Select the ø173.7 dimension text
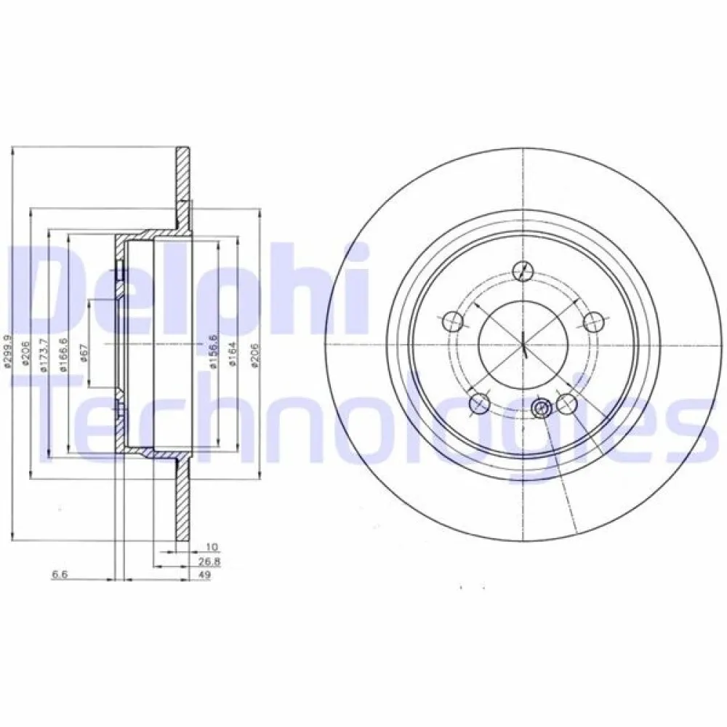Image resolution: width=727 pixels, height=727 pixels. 44,356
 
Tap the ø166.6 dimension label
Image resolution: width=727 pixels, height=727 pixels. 63,356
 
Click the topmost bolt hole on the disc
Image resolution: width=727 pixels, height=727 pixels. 521,270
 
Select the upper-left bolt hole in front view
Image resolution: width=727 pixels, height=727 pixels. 451,320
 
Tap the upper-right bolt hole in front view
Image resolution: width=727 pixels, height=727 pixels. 595,320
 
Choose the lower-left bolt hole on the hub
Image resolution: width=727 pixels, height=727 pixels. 478,402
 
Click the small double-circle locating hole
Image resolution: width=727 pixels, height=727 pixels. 540,409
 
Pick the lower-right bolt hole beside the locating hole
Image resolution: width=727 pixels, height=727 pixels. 567,402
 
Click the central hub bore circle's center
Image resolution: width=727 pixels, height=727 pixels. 523,345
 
